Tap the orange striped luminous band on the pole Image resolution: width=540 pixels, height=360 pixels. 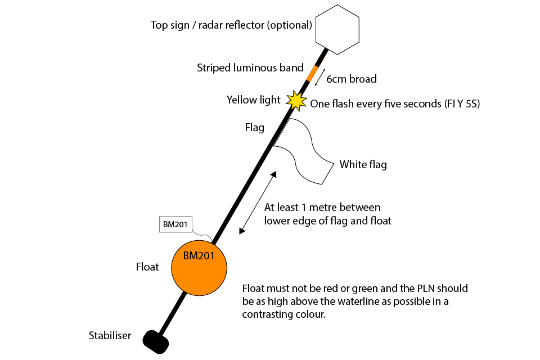coord(312,73)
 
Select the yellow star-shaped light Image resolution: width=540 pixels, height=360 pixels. coord(296,100)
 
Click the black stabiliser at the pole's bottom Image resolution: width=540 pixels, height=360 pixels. coord(156,340)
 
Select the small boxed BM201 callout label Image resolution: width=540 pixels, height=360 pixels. coord(175,224)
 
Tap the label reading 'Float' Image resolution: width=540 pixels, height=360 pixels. coord(147,267)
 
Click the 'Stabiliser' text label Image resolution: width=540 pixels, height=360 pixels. coord(110,336)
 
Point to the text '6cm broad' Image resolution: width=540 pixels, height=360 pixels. coord(352,79)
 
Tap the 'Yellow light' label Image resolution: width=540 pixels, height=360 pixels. coord(253,100)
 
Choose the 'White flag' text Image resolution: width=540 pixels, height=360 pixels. coord(363,165)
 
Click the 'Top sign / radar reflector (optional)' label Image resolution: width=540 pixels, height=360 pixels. coord(231,25)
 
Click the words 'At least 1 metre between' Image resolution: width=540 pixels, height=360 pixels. coord(322,208)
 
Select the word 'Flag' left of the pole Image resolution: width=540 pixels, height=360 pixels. coord(254,128)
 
